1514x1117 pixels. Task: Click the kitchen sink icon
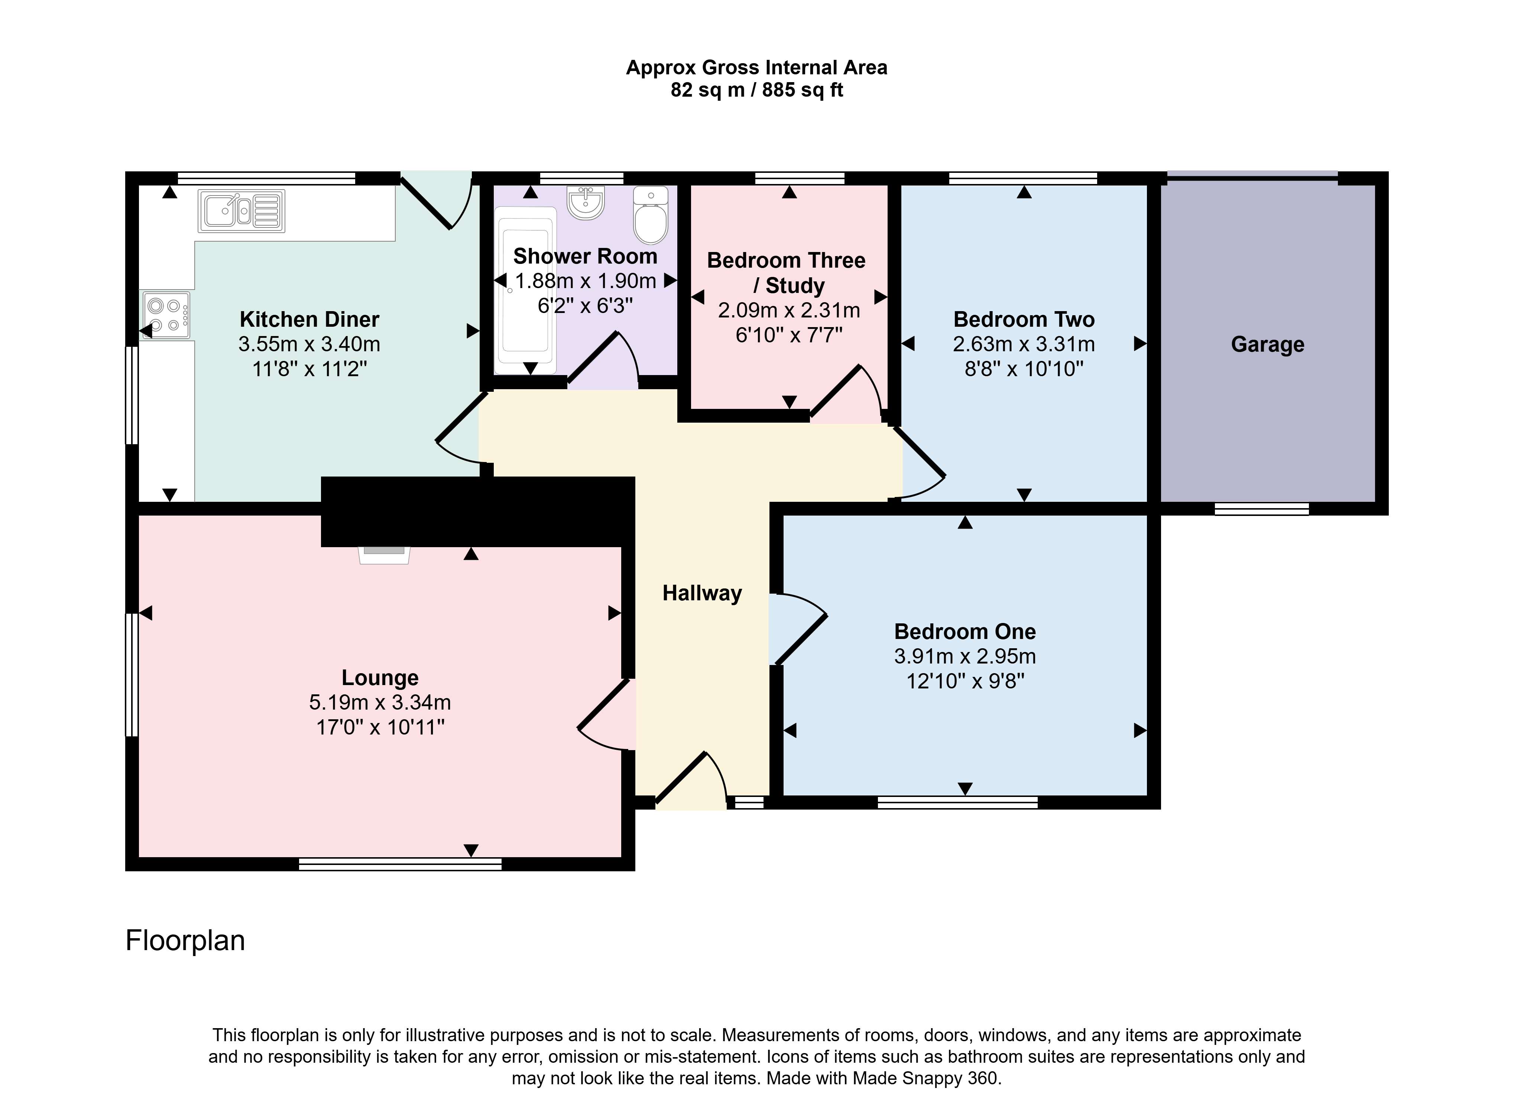pyautogui.click(x=241, y=211)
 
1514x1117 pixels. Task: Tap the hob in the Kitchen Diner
pyautogui.click(x=166, y=315)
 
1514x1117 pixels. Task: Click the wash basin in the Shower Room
pyautogui.click(x=585, y=203)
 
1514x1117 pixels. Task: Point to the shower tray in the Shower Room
pyautogui.click(x=526, y=291)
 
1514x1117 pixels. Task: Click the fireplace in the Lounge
pyautogui.click(x=384, y=555)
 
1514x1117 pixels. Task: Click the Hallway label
pyautogui.click(x=702, y=593)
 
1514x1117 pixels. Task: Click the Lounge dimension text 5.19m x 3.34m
pyautogui.click(x=380, y=703)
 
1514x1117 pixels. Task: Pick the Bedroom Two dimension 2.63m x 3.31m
pyautogui.click(x=1024, y=344)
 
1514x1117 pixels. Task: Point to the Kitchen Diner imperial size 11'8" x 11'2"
pyautogui.click(x=309, y=369)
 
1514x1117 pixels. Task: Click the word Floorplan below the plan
pyautogui.click(x=185, y=940)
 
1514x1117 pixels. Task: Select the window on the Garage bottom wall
pyautogui.click(x=1261, y=509)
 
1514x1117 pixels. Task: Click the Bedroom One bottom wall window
pyautogui.click(x=957, y=803)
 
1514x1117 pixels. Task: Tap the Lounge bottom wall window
pyautogui.click(x=400, y=864)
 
